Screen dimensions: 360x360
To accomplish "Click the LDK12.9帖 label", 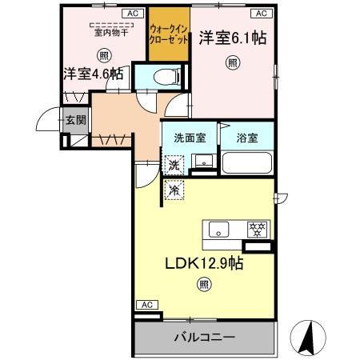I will pyautogui.click(x=204, y=262).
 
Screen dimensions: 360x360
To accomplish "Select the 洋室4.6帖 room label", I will pyautogui.click(x=94, y=74).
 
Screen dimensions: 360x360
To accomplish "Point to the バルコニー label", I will pyautogui.click(x=204, y=338).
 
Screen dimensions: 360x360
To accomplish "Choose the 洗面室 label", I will pyautogui.click(x=189, y=138).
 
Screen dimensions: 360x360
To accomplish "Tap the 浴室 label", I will pyautogui.click(x=246, y=138).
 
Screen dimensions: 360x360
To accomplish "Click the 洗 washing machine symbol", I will pyautogui.click(x=174, y=166).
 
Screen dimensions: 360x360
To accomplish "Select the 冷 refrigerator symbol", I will pyautogui.click(x=174, y=190).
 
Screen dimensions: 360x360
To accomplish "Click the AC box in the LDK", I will pyautogui.click(x=146, y=305).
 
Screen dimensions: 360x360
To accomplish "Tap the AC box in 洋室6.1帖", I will pyautogui.click(x=261, y=14).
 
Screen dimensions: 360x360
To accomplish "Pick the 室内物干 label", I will pyautogui.click(x=103, y=33).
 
